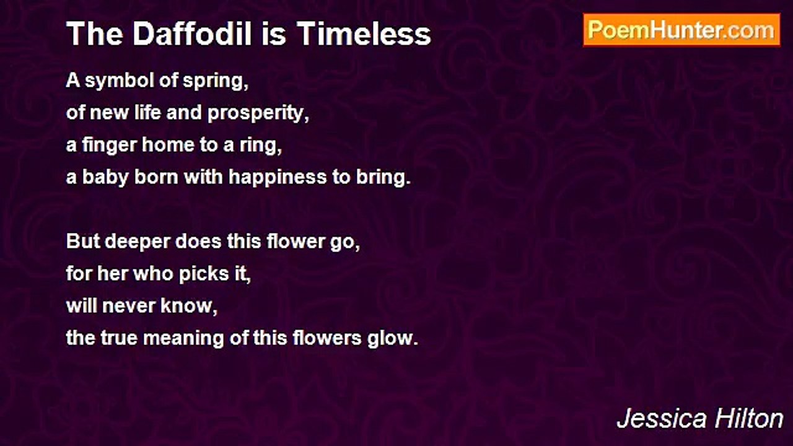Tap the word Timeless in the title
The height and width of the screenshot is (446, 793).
pyautogui.click(x=364, y=34)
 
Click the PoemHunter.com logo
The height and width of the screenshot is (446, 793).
pyautogui.click(x=681, y=30)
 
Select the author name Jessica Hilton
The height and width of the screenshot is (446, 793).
pyautogui.click(x=700, y=419)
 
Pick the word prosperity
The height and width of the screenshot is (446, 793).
pyautogui.click(x=258, y=114)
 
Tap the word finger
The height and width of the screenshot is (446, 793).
pyautogui.click(x=109, y=146)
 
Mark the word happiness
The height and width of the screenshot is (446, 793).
pyautogui.click(x=277, y=178)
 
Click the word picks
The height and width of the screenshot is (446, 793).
pyautogui.click(x=204, y=274)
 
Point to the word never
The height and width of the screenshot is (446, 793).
pyautogui.click(x=128, y=307)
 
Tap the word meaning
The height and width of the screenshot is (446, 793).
pyautogui.click(x=183, y=339)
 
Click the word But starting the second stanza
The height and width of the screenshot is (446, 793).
pyautogui.click(x=83, y=242)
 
